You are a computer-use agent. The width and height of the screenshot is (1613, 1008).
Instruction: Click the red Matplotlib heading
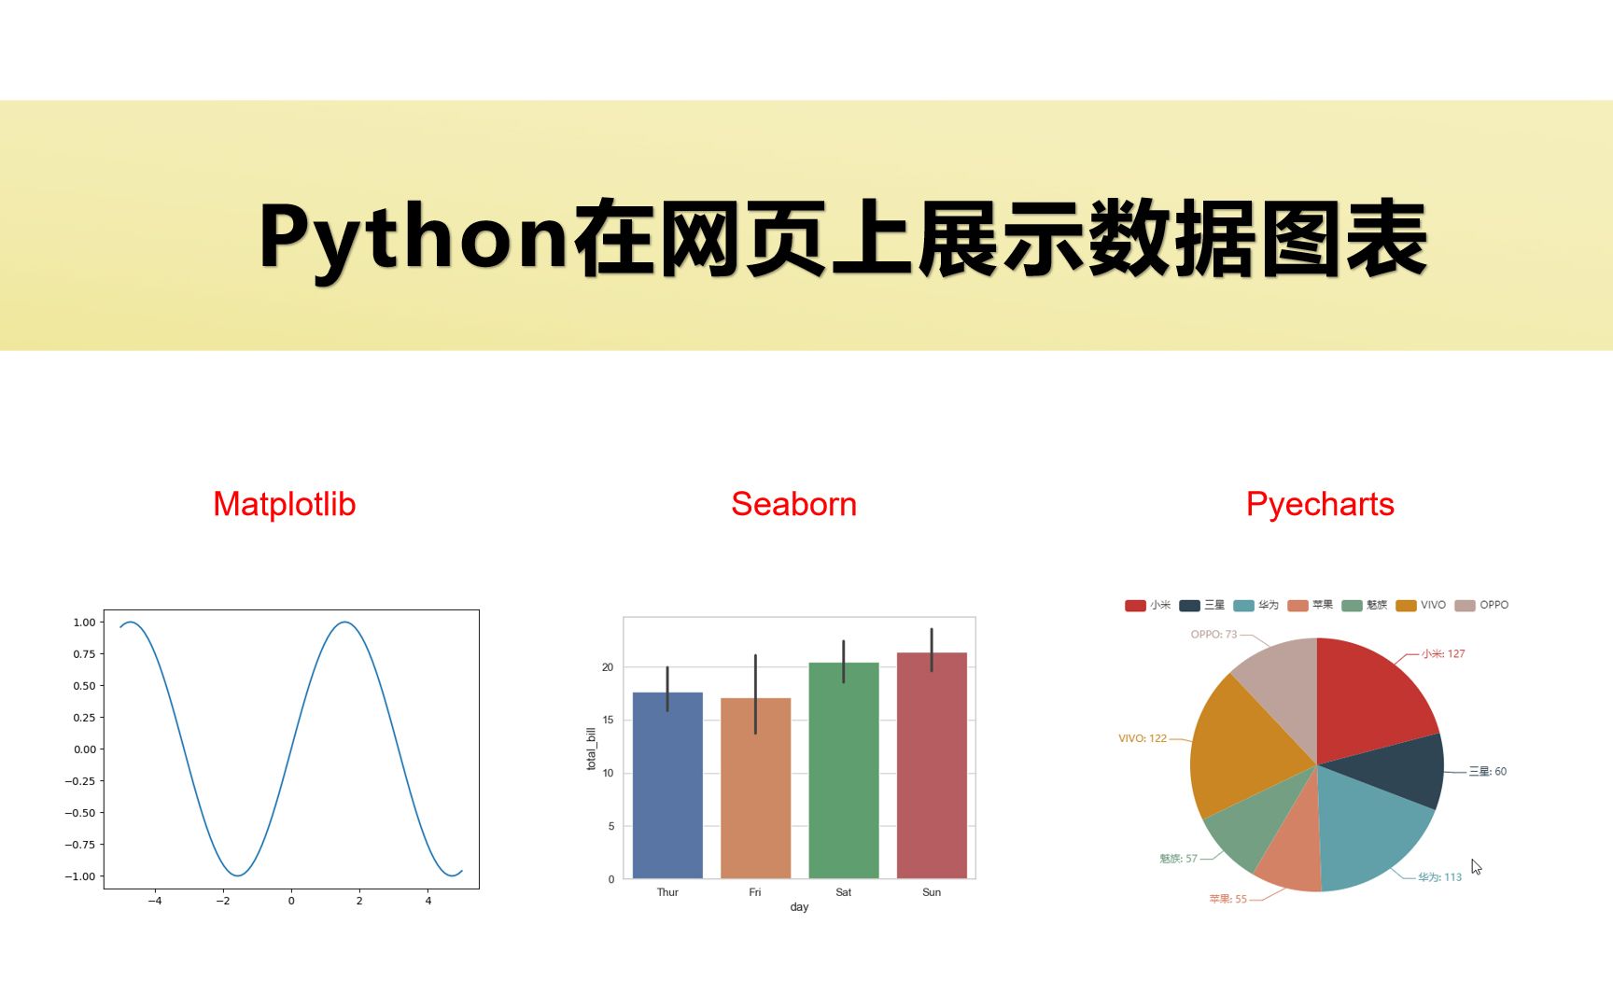tap(284, 504)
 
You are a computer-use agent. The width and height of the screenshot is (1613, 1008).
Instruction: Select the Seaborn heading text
tap(793, 504)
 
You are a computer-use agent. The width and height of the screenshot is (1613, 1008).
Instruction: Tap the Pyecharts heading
tap(1319, 504)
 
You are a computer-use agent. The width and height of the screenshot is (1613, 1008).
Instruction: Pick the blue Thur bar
tap(667, 789)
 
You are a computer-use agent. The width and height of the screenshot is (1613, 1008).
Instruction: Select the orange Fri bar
tap(755, 793)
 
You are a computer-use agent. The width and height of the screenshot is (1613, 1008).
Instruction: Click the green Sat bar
tap(843, 775)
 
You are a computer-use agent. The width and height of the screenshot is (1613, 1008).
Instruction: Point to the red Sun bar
tap(932, 770)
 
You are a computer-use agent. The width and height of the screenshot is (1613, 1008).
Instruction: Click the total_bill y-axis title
tap(591, 749)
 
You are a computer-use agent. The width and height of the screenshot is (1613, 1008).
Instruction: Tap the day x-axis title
tap(799, 907)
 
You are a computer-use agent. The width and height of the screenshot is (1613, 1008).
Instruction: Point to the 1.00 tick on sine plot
tap(84, 623)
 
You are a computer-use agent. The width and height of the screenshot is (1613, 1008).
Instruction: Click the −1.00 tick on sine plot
tap(80, 876)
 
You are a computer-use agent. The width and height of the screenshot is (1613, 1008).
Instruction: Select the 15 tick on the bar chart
tap(608, 720)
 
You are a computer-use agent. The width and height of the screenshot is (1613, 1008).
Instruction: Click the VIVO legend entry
tap(1422, 605)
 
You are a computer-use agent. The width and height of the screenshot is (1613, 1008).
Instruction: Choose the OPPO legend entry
tap(1482, 605)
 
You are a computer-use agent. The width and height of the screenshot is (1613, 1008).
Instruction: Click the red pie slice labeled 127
tap(1368, 695)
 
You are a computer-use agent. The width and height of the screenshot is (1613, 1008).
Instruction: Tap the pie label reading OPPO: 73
tap(1213, 635)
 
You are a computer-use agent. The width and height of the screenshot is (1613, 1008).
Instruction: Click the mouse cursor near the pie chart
tap(1476, 867)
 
